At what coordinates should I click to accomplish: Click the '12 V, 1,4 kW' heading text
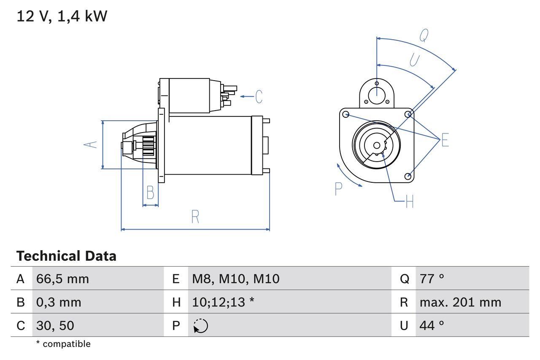click(x=62, y=16)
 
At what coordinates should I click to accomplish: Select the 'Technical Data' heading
click(x=66, y=256)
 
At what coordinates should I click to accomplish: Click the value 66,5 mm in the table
click(x=62, y=279)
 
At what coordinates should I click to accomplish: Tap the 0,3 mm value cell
click(x=59, y=302)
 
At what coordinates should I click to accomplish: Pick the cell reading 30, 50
click(x=55, y=325)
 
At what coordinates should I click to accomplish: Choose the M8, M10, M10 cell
click(x=235, y=279)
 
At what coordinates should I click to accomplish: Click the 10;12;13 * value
click(x=223, y=302)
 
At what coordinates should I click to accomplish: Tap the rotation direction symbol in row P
click(x=200, y=326)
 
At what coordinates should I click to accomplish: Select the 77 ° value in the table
click(x=432, y=279)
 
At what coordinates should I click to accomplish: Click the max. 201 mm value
click(x=460, y=302)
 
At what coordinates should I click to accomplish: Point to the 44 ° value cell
click(x=432, y=325)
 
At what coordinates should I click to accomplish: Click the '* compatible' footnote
click(x=63, y=344)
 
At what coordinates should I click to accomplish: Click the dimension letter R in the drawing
click(x=195, y=217)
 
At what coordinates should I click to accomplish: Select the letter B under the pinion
click(x=150, y=192)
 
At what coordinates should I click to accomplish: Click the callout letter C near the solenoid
click(x=259, y=97)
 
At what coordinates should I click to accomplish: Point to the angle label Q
click(x=424, y=36)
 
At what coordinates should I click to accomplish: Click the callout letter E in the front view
click(x=445, y=140)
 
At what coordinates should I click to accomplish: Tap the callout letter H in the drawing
click(x=409, y=202)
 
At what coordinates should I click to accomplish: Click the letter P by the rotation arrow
click(x=338, y=189)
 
